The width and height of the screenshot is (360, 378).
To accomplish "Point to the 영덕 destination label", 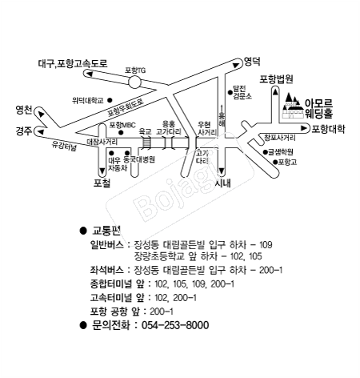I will pos(253,60).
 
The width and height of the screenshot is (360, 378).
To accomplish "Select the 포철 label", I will pos(102,183).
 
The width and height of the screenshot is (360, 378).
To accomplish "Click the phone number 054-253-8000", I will pos(174,326).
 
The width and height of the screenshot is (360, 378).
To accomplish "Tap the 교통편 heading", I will pos(106,230).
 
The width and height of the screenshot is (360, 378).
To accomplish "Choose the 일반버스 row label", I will pos(109,243).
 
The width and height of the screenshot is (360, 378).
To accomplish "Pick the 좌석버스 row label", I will pos(109,271).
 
